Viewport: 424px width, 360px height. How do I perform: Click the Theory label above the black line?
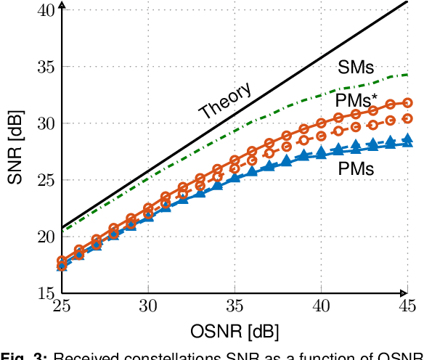coord(226,101)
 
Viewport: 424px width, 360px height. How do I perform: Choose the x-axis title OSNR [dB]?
coord(235,332)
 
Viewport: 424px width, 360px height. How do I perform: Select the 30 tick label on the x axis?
coord(148,307)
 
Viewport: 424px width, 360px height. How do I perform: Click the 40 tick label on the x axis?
coord(321,307)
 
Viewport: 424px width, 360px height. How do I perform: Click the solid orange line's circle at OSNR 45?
coord(407,103)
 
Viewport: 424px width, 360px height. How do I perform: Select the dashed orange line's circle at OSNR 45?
coord(407,118)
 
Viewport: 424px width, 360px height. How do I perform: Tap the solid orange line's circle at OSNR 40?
coord(321,123)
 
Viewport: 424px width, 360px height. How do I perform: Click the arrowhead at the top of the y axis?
coord(62,5)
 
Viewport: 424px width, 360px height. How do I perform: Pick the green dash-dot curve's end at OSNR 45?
coord(407,75)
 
